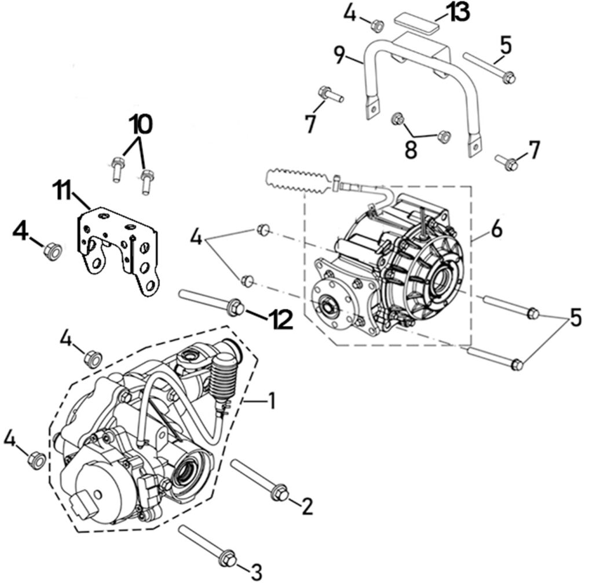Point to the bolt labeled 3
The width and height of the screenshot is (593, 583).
tap(207, 545)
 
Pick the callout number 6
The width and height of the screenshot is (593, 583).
tap(496, 230)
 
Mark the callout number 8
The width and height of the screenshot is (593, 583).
tap(411, 151)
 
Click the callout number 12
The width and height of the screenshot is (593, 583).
tap(280, 320)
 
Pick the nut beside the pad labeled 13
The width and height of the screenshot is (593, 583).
tap(378, 25)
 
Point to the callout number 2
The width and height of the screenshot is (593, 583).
tap(306, 507)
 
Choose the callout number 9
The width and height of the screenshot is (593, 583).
tap(339, 56)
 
